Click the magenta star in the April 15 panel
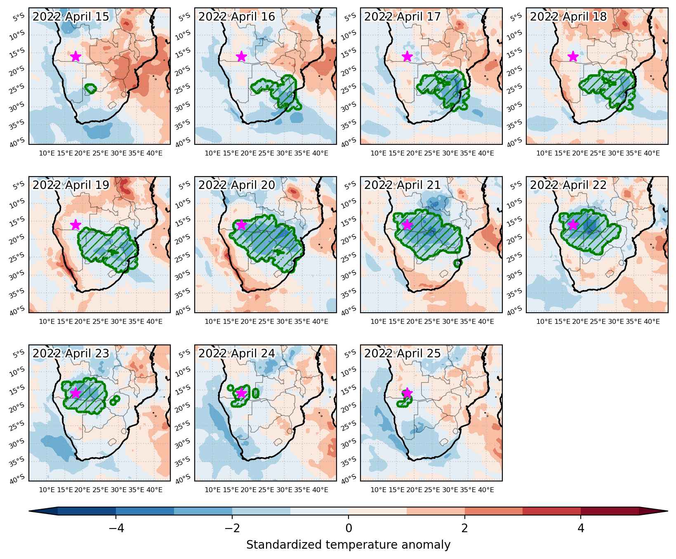[x=75, y=57]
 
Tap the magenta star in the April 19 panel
[x=75, y=225]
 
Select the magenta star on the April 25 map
[x=407, y=393]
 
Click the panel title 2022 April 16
[x=237, y=17]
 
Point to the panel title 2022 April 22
[x=568, y=185]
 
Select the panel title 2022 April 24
[x=237, y=354]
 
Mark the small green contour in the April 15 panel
[x=90, y=88]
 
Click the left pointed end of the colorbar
[x=30, y=511]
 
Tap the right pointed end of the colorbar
[x=667, y=511]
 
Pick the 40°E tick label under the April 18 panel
[x=652, y=153]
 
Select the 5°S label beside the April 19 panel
[x=19, y=186]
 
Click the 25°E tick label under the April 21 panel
[x=432, y=322]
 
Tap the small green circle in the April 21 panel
[x=457, y=263]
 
